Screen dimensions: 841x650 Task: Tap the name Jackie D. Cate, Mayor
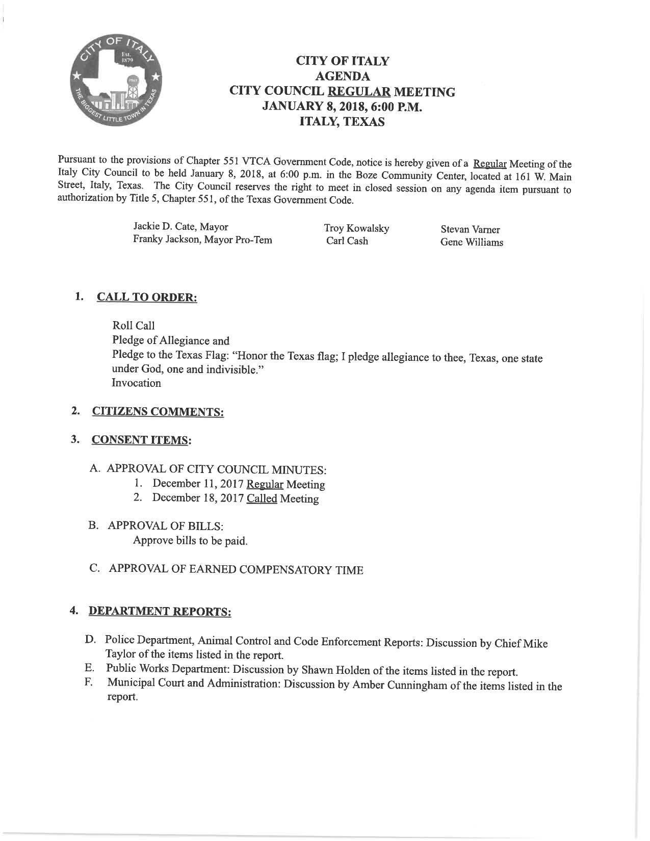tap(180, 226)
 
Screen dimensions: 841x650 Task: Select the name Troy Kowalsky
tap(356, 228)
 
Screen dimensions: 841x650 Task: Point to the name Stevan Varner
tap(470, 230)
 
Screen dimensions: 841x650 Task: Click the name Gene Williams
tap(472, 243)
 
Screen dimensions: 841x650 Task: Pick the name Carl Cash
tap(347, 241)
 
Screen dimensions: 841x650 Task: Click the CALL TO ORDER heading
tap(146, 297)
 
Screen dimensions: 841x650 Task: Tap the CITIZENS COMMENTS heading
tap(158, 412)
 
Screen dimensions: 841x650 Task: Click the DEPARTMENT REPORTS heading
tap(160, 611)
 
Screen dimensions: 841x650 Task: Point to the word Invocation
tap(136, 383)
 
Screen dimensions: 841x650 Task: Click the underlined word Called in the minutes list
tap(262, 498)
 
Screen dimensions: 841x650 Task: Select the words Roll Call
tap(133, 326)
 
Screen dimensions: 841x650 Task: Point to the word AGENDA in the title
tap(343, 76)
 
